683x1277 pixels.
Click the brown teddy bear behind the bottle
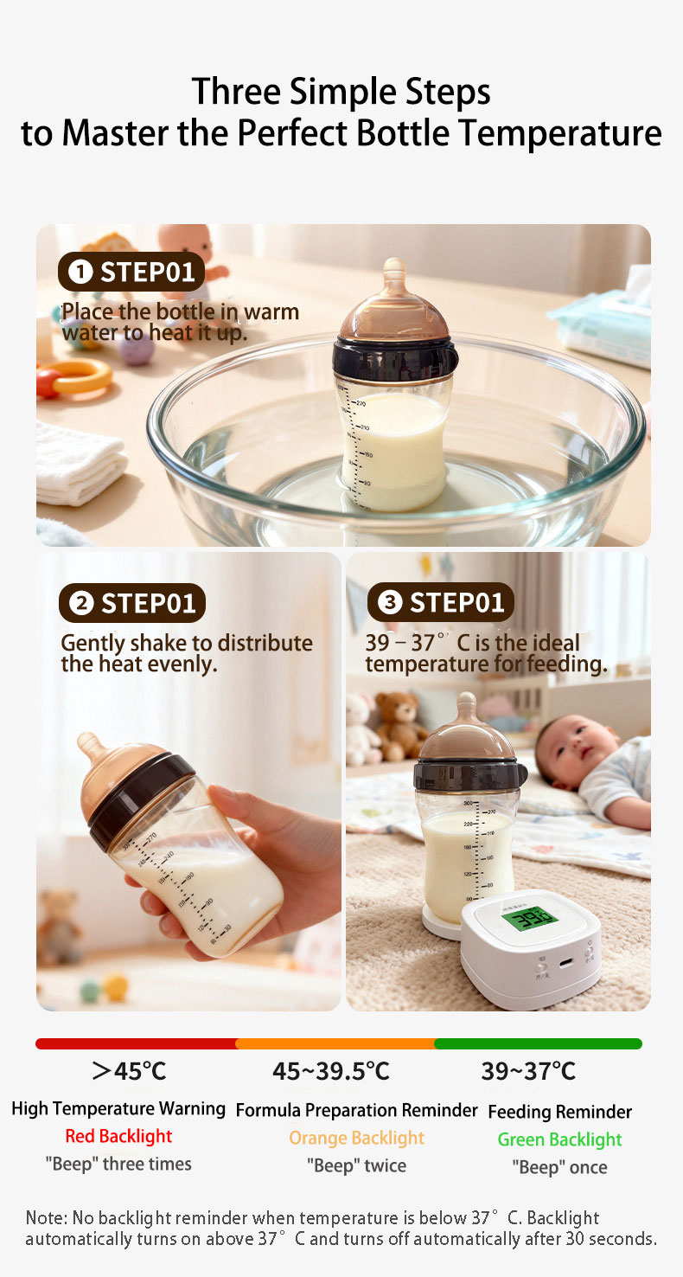click(399, 726)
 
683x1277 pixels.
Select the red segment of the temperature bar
click(136, 1043)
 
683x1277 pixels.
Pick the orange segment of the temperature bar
click(335, 1043)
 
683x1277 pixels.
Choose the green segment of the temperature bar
click(539, 1043)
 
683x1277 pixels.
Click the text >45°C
click(130, 1071)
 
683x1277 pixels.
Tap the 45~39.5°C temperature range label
click(331, 1071)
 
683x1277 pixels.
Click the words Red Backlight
click(118, 1136)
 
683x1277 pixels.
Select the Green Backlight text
click(560, 1139)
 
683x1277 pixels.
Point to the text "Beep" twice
click(356, 1166)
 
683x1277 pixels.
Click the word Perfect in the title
click(292, 133)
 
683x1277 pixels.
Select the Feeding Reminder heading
click(560, 1112)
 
